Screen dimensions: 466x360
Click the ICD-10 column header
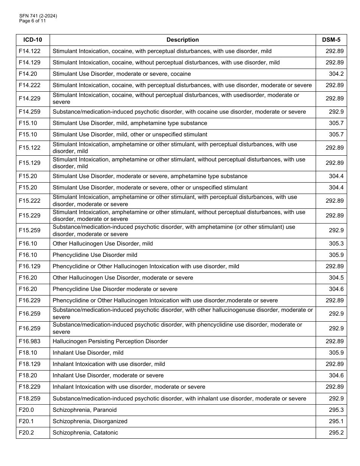[x=33, y=40]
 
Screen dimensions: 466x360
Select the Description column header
[x=182, y=40]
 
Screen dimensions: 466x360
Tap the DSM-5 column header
[x=331, y=40]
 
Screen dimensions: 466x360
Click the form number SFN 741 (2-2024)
[x=38, y=16]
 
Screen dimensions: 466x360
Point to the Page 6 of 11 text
[x=33, y=21]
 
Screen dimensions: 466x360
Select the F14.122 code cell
[x=30, y=51]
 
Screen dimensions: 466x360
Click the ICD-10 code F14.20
[x=28, y=74]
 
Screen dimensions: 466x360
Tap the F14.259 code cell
[x=30, y=112]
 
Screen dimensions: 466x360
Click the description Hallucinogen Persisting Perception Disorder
[x=110, y=341]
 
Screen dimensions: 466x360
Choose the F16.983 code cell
[x=30, y=341]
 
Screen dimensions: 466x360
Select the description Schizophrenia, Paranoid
[x=85, y=410]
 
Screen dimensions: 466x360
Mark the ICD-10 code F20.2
[x=26, y=433]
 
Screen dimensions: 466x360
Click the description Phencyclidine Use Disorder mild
[x=95, y=255]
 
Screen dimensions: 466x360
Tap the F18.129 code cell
[x=30, y=364]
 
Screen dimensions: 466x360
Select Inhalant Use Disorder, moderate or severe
[x=108, y=375]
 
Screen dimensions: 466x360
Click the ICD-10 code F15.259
[x=30, y=230]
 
